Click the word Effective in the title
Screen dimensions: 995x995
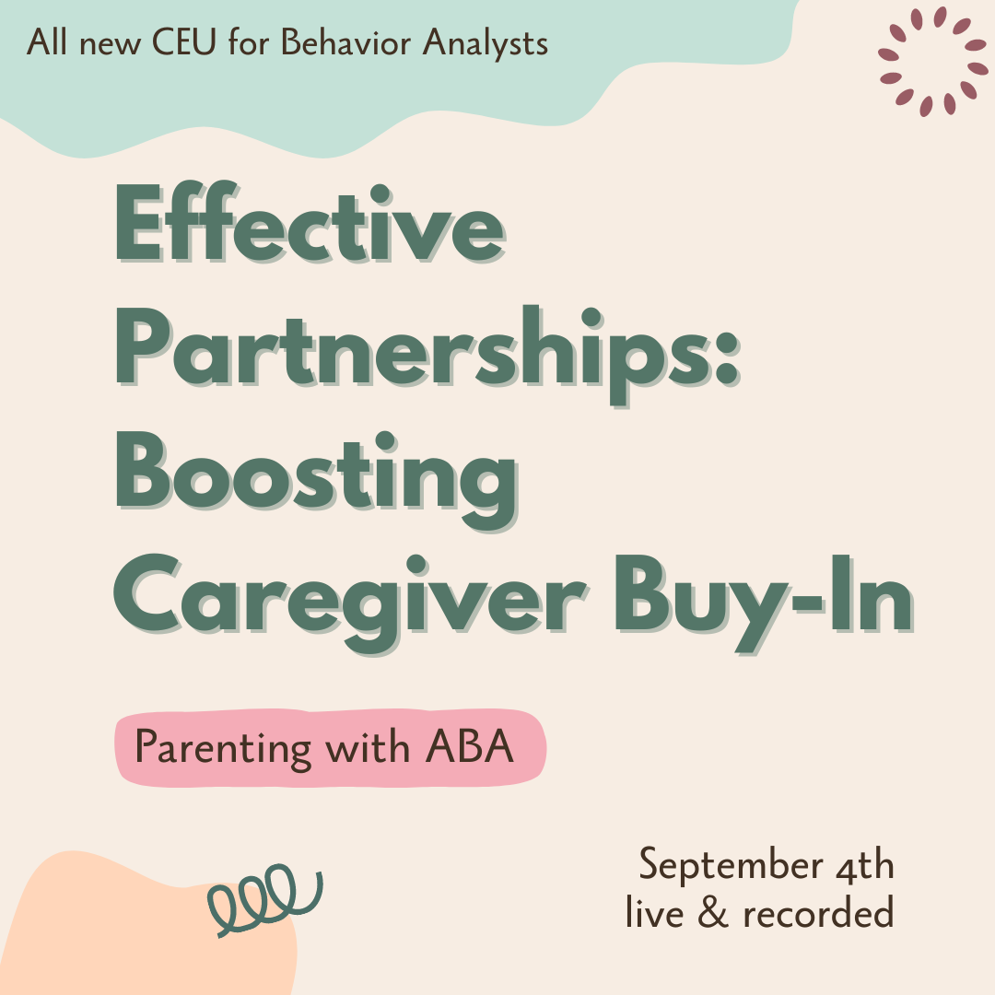point(310,226)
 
